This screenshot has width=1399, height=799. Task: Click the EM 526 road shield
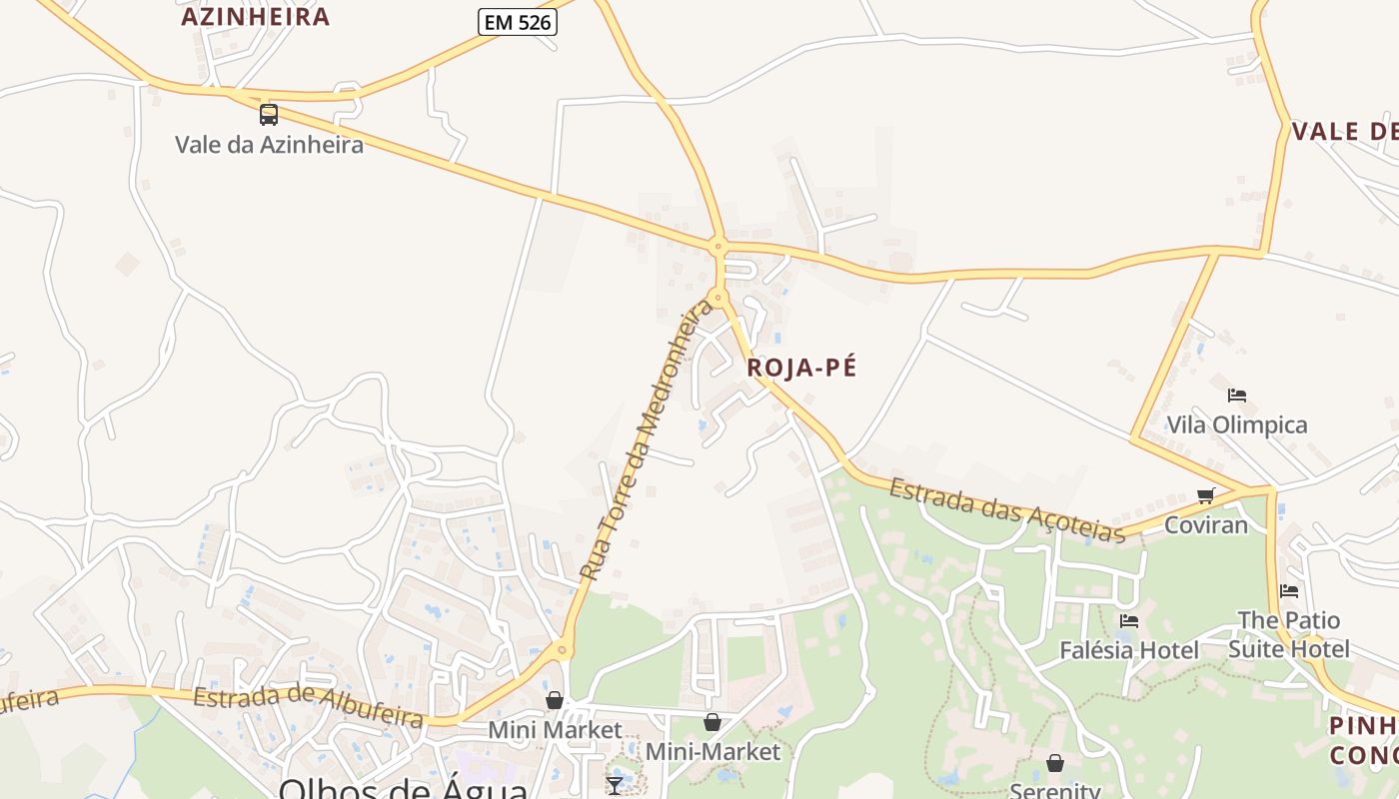[517, 22]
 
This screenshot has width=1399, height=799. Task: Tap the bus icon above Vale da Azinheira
[269, 114]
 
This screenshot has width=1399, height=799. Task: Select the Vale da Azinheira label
[269, 145]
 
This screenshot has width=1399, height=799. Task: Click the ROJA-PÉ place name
[801, 368]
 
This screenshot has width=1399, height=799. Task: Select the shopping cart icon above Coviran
[1206, 495]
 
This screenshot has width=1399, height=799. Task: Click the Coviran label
[1206, 524]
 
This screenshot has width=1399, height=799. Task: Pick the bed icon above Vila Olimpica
[1237, 396]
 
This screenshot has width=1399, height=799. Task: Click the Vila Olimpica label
[1237, 424]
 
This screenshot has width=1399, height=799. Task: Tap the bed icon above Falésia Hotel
[1129, 621]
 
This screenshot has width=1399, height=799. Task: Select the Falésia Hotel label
[1129, 650]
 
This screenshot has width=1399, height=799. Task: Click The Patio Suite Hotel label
[1289, 634]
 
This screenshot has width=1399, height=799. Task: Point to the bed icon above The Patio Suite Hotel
[1289, 591]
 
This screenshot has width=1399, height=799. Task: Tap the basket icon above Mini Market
[555, 701]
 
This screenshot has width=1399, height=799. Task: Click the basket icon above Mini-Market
[712, 722]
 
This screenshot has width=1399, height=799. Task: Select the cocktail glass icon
[615, 785]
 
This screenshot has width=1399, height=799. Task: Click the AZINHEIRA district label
[255, 17]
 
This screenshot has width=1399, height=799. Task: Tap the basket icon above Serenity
[1055, 764]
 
